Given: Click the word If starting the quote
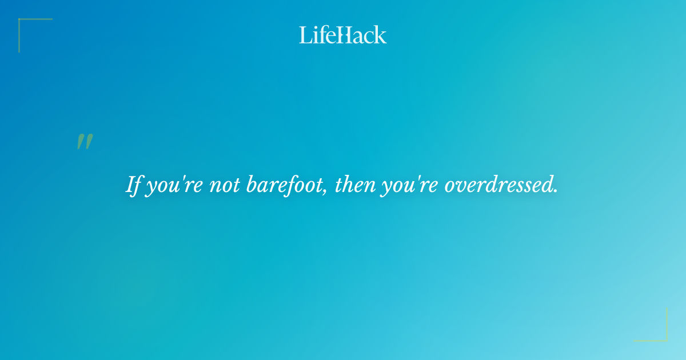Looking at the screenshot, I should click(133, 185).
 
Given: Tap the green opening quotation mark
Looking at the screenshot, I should click(85, 142).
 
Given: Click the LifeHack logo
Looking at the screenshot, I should click(343, 35).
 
